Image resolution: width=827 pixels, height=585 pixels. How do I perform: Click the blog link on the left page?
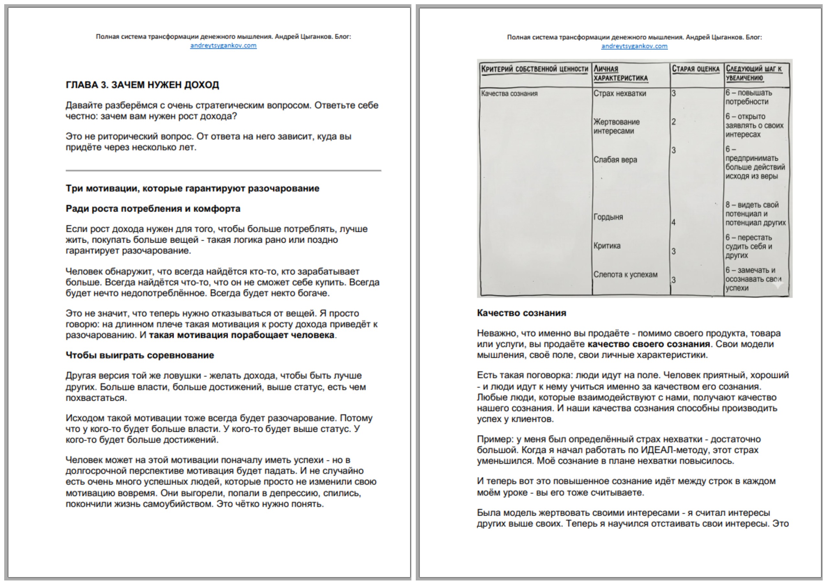pos(223,45)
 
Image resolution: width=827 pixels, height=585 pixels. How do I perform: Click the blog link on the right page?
pos(634,46)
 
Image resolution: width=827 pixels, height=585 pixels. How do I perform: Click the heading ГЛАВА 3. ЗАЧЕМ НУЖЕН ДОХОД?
pos(142,85)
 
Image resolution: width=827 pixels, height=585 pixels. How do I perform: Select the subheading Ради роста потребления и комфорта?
pos(153,209)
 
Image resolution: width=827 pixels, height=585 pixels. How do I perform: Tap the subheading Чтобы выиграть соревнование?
pos(140,355)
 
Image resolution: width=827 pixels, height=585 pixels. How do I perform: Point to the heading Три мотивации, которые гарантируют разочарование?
pos(192,189)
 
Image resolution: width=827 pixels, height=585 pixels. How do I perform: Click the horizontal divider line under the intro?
pos(223,170)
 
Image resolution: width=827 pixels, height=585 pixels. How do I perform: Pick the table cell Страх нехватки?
pos(619,94)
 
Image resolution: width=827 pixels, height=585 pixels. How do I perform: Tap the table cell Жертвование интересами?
pos(616,126)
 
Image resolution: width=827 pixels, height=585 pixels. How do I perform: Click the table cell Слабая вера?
pos(615,160)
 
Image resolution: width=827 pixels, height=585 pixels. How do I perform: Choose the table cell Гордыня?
pos(608,217)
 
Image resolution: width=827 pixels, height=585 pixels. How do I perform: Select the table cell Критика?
pos(607,246)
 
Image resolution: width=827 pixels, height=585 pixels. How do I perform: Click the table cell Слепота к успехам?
pos(625,274)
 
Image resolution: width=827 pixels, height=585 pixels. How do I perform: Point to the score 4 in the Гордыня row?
pos(674,222)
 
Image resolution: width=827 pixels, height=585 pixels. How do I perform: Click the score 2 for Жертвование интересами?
pos(674,122)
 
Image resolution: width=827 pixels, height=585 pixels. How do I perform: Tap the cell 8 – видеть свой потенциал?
pos(755,213)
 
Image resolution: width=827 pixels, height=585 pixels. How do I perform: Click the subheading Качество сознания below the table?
pos(521,313)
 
